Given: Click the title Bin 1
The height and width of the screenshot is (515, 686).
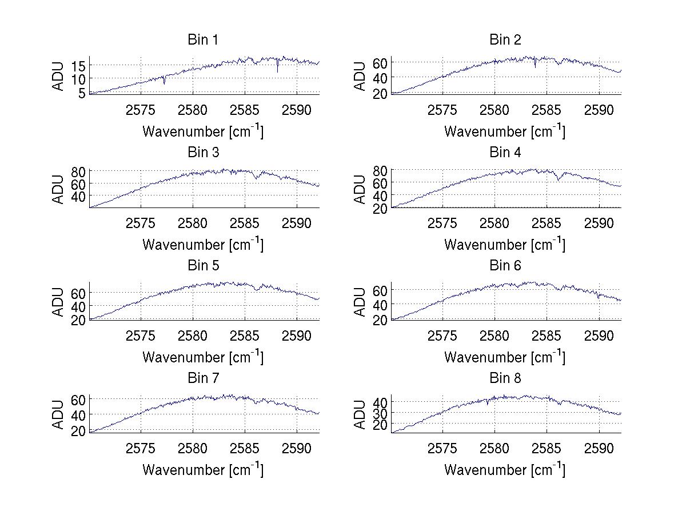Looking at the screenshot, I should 203,40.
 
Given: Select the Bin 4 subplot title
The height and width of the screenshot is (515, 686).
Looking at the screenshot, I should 505,153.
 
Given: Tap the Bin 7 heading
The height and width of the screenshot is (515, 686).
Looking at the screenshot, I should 203,378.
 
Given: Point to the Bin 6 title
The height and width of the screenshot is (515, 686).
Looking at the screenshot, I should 505,266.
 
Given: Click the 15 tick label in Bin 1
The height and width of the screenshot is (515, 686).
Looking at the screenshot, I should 79,66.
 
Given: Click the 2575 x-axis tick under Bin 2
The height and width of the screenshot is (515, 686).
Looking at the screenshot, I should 442,110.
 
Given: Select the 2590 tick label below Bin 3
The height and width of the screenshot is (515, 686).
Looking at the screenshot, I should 297,222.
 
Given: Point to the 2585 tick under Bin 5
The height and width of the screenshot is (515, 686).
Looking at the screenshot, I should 245,335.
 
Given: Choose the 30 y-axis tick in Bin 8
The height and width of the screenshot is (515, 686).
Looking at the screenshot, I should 381,413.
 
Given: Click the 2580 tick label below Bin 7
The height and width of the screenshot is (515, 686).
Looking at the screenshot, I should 193,448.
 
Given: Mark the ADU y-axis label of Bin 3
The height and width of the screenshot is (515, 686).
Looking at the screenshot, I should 58,189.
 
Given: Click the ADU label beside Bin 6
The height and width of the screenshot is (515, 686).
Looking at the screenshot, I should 360,301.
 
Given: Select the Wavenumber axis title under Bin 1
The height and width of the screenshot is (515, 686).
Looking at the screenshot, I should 203,131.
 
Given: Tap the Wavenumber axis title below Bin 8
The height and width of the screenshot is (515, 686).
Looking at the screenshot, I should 505,469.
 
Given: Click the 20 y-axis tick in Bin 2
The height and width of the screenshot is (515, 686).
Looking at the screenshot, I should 381,93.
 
